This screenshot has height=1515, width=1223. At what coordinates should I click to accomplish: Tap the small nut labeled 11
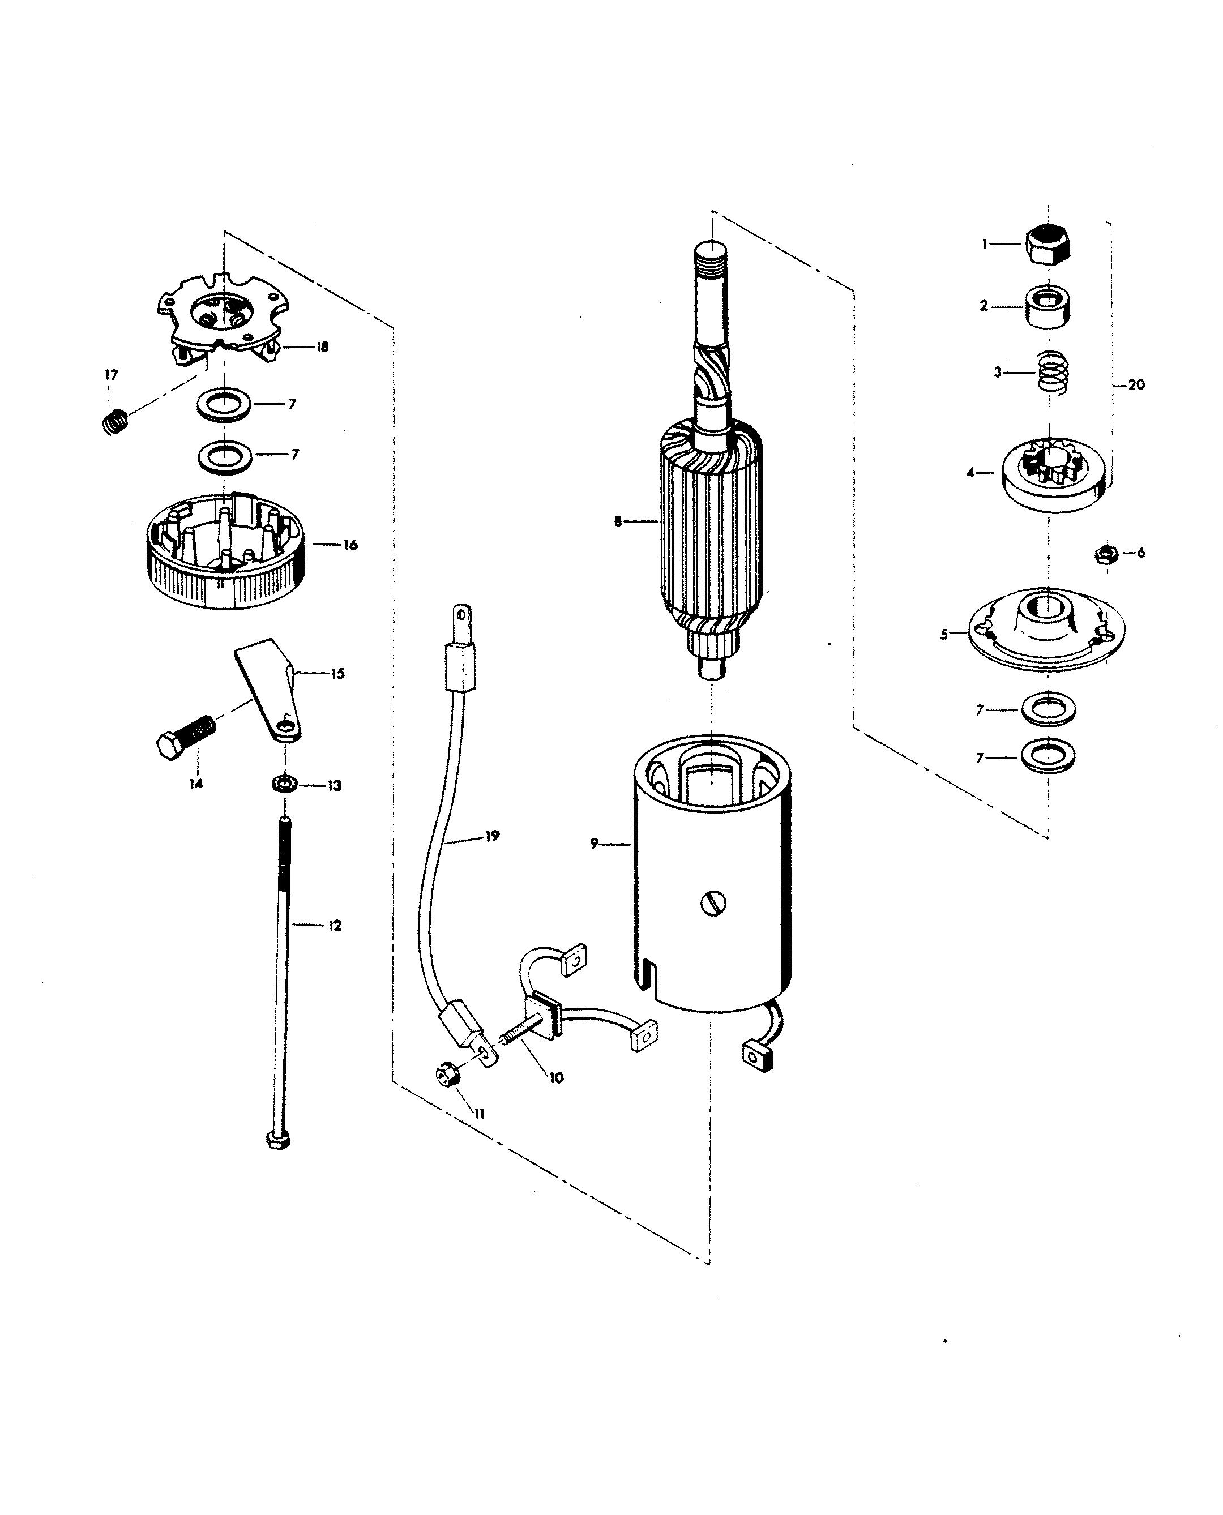coord(447,1094)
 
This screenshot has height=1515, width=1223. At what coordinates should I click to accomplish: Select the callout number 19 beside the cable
coord(491,836)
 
